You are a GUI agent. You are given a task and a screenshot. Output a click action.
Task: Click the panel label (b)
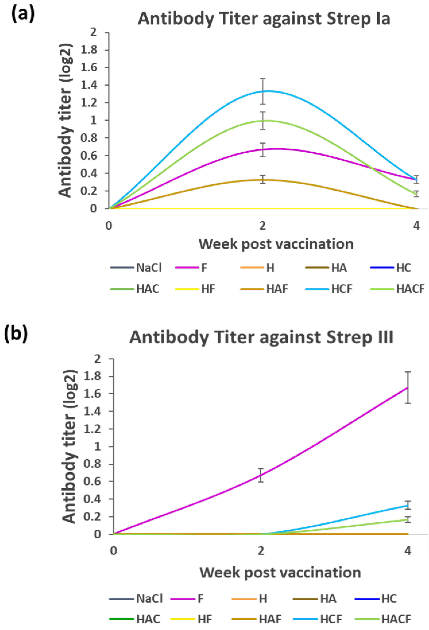16,334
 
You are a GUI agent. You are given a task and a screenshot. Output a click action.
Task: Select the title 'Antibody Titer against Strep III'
261,338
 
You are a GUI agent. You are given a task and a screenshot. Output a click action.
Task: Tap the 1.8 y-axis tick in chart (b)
94,376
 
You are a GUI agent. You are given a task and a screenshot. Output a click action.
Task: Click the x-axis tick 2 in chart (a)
262,225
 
